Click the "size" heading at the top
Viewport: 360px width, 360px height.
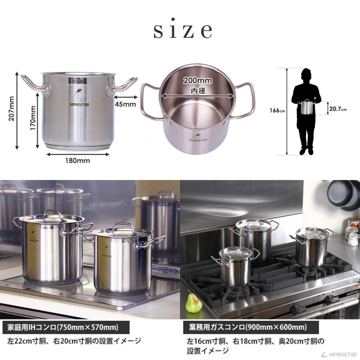182,30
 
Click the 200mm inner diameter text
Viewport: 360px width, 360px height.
198,80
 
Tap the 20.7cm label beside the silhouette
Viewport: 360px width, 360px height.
338,108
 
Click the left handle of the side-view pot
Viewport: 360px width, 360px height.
35,84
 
